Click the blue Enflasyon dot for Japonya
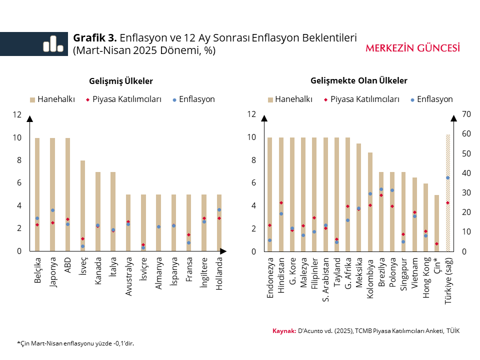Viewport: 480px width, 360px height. pyautogui.click(x=52, y=210)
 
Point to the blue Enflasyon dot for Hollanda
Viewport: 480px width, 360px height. pyautogui.click(x=219, y=210)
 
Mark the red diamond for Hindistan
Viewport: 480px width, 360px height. pyautogui.click(x=281, y=202)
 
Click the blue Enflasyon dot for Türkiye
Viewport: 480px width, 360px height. pyautogui.click(x=448, y=177)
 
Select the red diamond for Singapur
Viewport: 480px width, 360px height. pyautogui.click(x=403, y=234)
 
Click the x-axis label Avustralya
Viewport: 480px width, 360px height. pyautogui.click(x=128, y=276)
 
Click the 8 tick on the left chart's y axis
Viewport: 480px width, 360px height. pyautogui.click(x=18, y=160)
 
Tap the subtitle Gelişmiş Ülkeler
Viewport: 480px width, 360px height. pyautogui.click(x=121, y=80)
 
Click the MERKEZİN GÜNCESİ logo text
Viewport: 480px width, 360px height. pyautogui.click(x=412, y=48)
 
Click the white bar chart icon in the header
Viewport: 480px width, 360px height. pyautogui.click(x=52, y=44)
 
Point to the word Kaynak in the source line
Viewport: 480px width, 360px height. pyautogui.click(x=283, y=331)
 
